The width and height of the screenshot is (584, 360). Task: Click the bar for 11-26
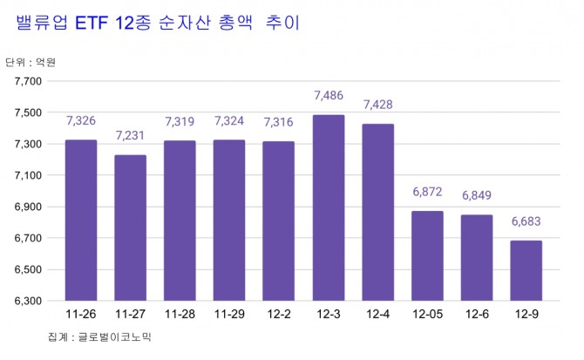[80, 220]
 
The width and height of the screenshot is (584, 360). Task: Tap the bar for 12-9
[526, 270]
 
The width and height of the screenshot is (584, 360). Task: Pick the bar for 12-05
[427, 255]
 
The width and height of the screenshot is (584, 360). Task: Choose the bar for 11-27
[130, 228]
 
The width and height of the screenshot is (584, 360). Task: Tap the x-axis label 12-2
[278, 314]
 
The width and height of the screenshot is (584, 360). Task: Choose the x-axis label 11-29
[228, 314]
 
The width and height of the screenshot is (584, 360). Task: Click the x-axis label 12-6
[476, 314]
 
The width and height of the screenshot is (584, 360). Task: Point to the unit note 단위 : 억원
[30, 62]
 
